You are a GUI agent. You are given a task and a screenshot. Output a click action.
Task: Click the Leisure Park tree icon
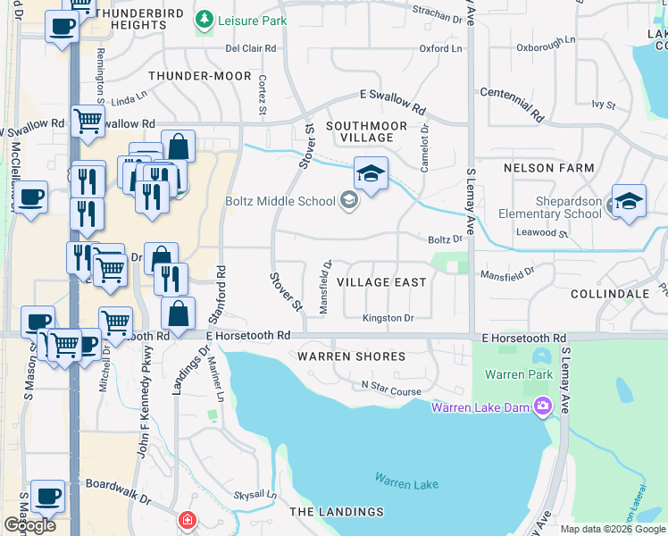click(205, 19)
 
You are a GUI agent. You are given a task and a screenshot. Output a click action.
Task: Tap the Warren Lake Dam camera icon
click(543, 408)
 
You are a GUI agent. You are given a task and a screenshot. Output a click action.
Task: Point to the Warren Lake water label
click(406, 483)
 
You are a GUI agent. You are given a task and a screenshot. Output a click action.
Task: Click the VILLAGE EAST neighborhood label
click(381, 282)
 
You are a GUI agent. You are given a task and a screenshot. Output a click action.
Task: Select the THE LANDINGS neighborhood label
click(337, 512)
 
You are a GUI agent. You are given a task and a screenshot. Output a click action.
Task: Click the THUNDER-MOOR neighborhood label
click(200, 77)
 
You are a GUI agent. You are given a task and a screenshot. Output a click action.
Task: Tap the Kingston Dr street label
click(388, 318)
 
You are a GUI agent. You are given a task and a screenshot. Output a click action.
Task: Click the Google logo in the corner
click(29, 525)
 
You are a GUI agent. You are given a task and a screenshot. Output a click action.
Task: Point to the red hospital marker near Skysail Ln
click(187, 520)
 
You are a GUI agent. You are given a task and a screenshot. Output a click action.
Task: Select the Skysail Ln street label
click(249, 495)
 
